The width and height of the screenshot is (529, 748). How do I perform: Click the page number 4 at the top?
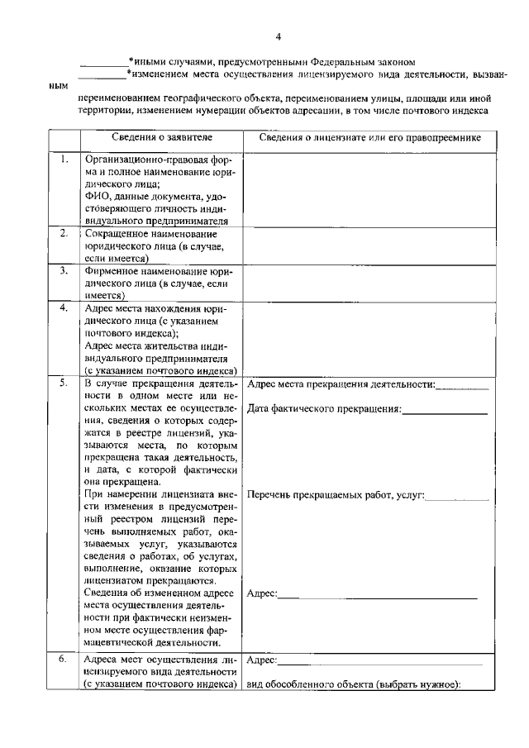(279, 37)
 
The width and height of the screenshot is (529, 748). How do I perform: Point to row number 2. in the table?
(64, 234)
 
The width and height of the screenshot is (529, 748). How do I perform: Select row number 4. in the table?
(64, 308)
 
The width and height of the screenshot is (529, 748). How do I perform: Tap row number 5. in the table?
(64, 384)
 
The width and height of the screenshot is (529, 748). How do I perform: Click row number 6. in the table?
(64, 660)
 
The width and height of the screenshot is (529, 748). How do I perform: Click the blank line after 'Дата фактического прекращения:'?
(445, 412)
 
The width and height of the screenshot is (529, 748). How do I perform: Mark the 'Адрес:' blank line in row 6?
(380, 663)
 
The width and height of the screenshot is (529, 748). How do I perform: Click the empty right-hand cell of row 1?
(369, 189)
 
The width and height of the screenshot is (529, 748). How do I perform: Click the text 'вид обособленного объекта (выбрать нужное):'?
(353, 683)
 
